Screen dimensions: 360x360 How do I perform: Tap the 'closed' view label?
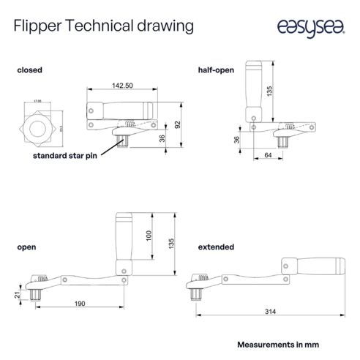[x=29, y=70]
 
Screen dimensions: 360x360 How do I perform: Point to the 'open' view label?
[x=26, y=247]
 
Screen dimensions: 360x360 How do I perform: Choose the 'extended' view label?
[x=217, y=247]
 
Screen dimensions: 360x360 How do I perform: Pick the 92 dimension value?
[x=179, y=124]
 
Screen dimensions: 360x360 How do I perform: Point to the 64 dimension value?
[x=268, y=155]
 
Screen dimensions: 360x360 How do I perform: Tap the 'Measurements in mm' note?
[x=279, y=343]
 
